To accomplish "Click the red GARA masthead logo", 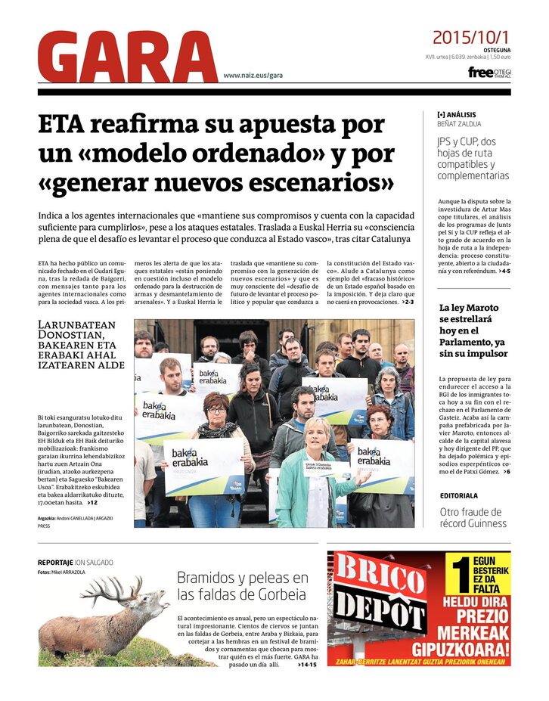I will tap(127, 57).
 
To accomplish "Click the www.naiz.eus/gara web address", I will tap(253, 76).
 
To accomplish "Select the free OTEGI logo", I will tap(489, 73).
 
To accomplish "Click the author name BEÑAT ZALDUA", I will tap(459, 124).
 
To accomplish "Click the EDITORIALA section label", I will tap(459, 496).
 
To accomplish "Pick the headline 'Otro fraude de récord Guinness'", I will tap(473, 517).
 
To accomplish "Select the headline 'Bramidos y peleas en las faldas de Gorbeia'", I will tap(243, 586).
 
